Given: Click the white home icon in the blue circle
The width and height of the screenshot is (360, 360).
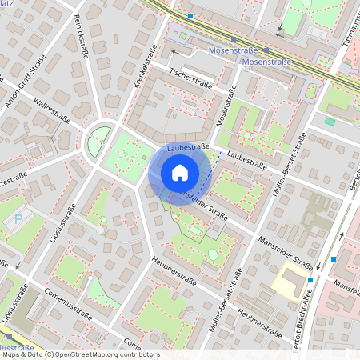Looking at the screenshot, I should pyautogui.click(x=179, y=173).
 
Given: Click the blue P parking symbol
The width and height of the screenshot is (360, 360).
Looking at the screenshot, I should pyautogui.click(x=18, y=218).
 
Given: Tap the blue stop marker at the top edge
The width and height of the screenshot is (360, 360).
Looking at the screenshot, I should pyautogui.click(x=190, y=15).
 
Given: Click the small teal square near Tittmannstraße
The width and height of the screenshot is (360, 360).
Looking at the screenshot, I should pyautogui.click(x=330, y=121).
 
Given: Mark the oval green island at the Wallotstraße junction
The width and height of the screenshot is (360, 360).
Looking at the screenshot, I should pyautogui.click(x=98, y=143).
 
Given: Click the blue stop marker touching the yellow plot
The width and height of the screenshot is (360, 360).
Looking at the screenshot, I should pyautogui.click(x=310, y=279).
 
